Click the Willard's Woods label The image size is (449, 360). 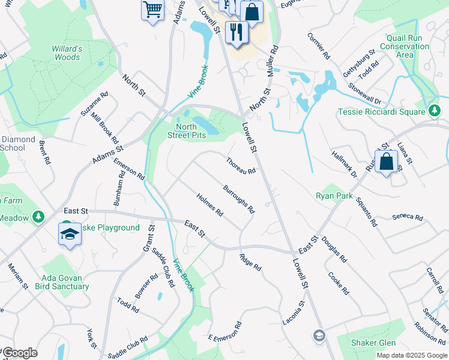click(66, 53)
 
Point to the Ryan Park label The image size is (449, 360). click(334, 196)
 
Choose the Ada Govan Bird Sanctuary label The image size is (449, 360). click(65, 282)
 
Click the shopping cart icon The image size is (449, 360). click(152, 10)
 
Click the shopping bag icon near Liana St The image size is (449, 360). click(387, 161)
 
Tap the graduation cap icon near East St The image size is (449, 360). click(70, 234)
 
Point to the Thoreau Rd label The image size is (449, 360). click(241, 166)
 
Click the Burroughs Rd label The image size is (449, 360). click(239, 199)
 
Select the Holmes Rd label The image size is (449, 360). click(210, 205)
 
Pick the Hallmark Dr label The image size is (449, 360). click(343, 164)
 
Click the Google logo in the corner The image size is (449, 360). click(20, 353)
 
